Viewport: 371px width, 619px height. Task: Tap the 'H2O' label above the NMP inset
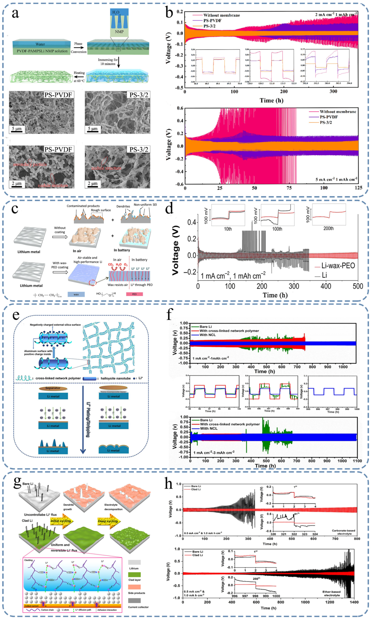point(116,12)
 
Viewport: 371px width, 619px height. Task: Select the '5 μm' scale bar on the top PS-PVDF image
point(17,129)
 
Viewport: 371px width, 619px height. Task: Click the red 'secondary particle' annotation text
point(30,164)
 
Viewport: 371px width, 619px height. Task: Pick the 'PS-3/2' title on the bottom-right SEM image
point(139,150)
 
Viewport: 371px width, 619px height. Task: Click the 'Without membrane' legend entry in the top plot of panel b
point(221,15)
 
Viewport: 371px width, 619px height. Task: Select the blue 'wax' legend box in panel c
point(76,294)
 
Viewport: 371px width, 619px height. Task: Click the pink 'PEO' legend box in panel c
point(135,294)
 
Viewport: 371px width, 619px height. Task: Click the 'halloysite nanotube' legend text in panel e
point(115,378)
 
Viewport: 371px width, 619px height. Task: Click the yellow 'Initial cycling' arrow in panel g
point(61,521)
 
